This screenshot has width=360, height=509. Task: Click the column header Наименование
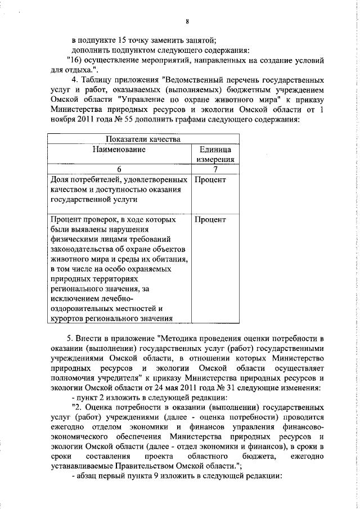pyautogui.click(x=119, y=149)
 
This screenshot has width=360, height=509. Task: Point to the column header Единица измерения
pyautogui.click(x=214, y=154)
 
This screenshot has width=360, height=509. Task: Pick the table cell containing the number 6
pyautogui.click(x=119, y=169)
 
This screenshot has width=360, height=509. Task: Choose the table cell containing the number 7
pyautogui.click(x=215, y=169)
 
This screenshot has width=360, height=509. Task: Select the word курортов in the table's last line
pyautogui.click(x=69, y=320)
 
